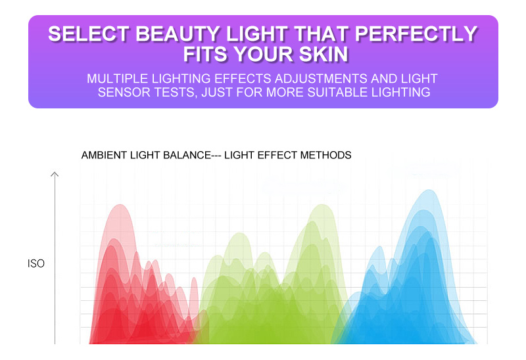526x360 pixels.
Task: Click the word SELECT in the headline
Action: coord(89,34)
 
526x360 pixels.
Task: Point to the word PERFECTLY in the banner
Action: coord(416,34)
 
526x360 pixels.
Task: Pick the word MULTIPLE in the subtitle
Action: coord(118,78)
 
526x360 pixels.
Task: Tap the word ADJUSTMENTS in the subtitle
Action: coord(321,78)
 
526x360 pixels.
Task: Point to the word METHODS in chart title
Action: coord(325,155)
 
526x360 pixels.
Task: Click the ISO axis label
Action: coord(36,263)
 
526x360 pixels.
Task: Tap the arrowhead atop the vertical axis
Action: coord(55,174)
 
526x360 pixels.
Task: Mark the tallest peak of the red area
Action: coord(120,205)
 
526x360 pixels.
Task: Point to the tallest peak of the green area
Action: coord(323,205)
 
